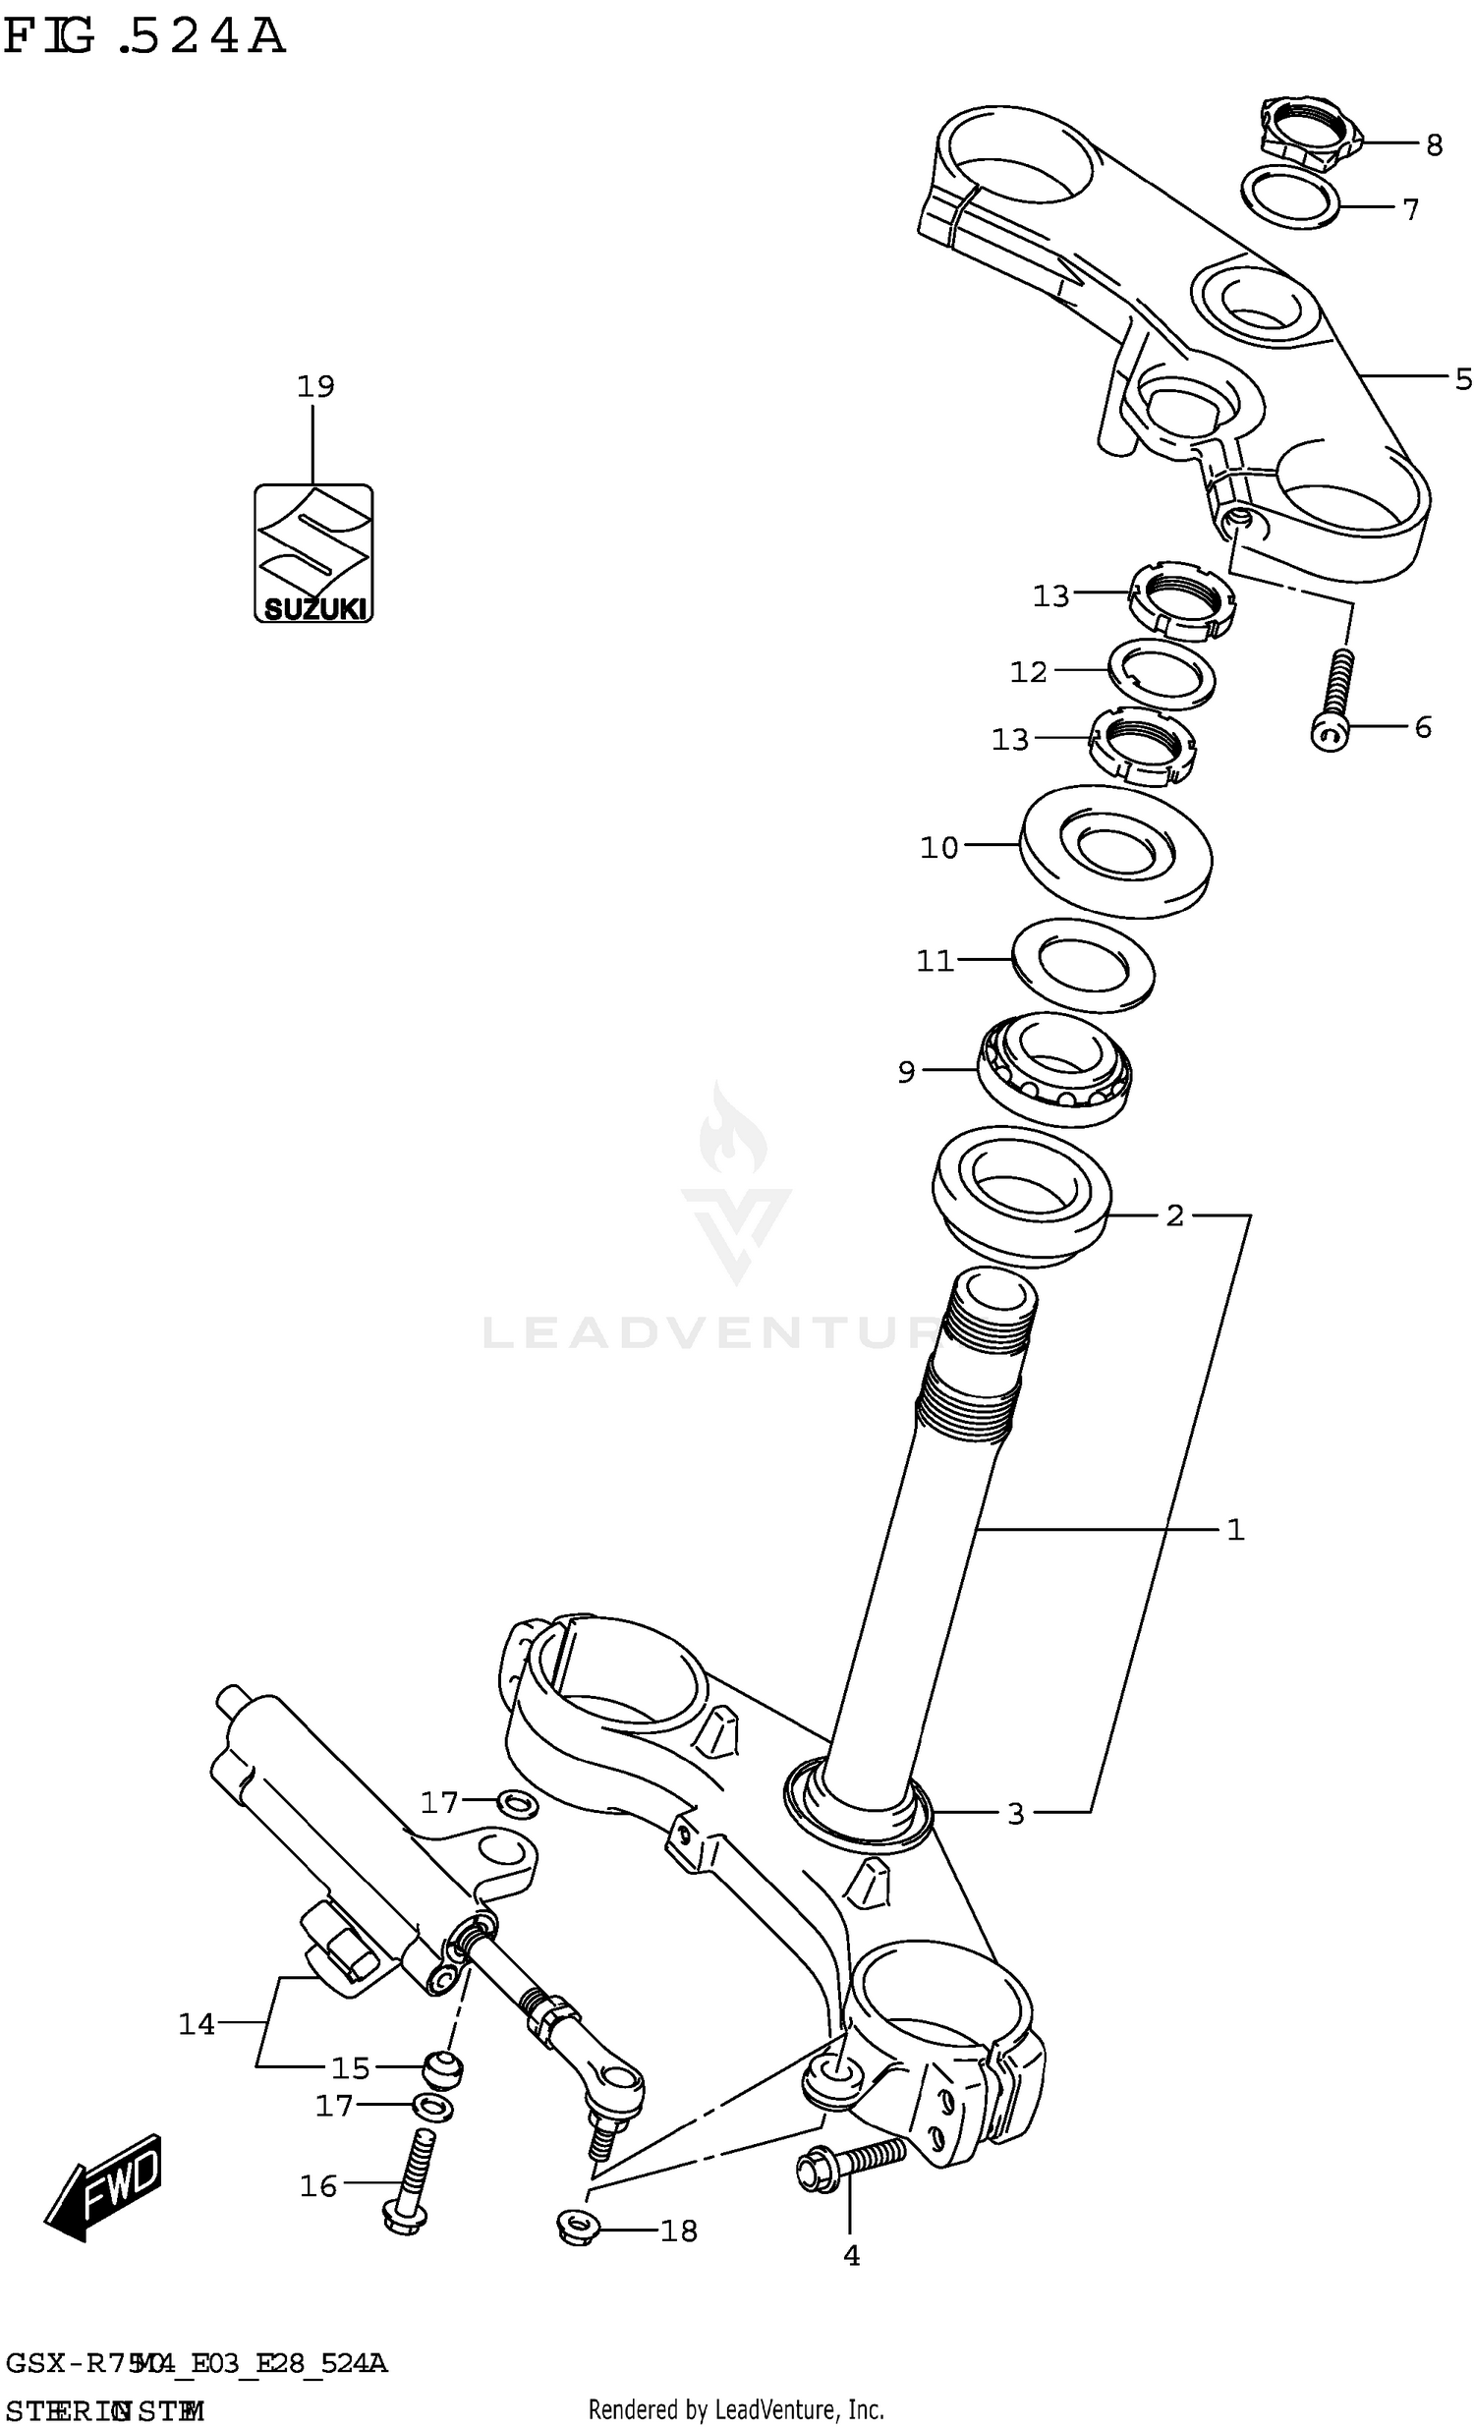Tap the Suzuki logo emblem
[x=313, y=553]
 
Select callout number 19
[x=315, y=386]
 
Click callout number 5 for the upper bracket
[x=1463, y=379]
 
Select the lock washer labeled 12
[x=1162, y=673]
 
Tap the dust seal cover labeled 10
[x=1115, y=852]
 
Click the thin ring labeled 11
[x=1083, y=966]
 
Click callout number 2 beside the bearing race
[x=1173, y=1216]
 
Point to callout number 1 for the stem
[x=1235, y=1529]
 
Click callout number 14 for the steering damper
[x=197, y=2024]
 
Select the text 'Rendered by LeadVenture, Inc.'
[x=736, y=2410]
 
